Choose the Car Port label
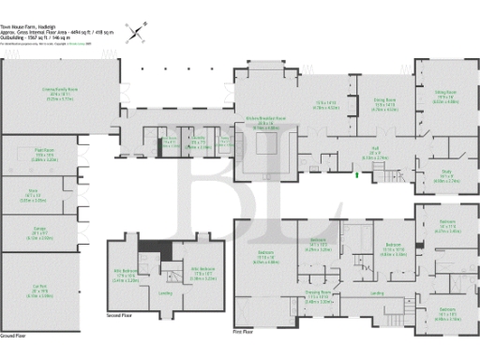click(39, 292)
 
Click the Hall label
click(375, 155)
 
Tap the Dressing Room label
click(322, 299)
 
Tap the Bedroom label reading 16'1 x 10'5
click(446, 313)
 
